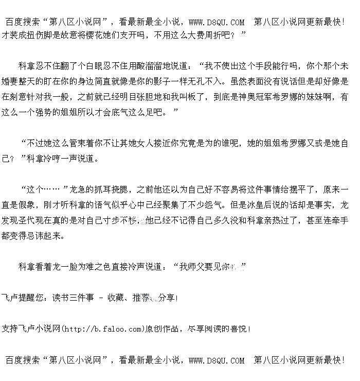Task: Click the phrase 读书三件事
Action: click(73, 298)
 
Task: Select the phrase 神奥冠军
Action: click(264, 97)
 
